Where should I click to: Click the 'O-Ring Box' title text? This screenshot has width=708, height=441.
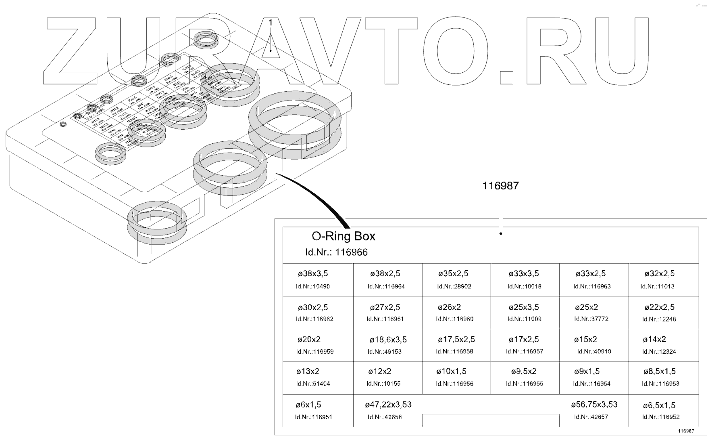(x=344, y=236)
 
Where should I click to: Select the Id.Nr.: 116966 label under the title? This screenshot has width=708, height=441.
(x=336, y=252)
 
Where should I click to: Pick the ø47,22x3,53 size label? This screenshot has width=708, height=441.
(x=388, y=405)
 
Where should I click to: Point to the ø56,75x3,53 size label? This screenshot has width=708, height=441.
(x=594, y=405)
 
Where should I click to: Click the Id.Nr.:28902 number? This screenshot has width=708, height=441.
(x=454, y=286)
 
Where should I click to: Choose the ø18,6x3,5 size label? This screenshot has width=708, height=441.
(x=388, y=340)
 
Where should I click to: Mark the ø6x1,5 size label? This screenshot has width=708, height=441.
(x=308, y=405)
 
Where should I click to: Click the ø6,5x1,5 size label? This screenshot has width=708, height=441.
(x=659, y=405)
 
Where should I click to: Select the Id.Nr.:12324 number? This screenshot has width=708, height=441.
(x=659, y=352)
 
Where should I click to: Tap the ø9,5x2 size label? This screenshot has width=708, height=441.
(x=524, y=372)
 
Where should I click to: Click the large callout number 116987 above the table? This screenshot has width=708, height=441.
(x=501, y=186)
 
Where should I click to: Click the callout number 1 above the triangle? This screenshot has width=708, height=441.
(x=271, y=23)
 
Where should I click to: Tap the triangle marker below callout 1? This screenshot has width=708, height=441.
(x=271, y=49)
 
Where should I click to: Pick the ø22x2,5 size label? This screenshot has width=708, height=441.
(x=659, y=307)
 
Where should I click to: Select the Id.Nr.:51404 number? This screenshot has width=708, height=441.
(x=313, y=384)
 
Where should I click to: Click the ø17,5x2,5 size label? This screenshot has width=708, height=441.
(x=456, y=340)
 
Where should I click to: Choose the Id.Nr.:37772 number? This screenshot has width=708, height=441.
(x=591, y=319)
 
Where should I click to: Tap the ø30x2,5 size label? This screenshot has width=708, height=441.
(x=313, y=307)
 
